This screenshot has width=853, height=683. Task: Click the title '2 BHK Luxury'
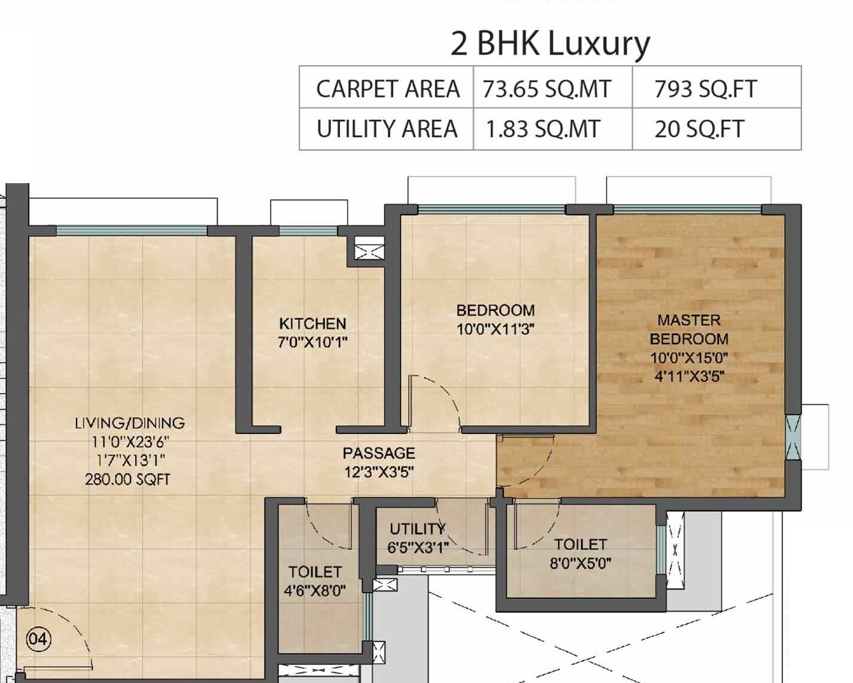[550, 44]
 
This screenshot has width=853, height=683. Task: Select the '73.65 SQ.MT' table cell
[547, 89]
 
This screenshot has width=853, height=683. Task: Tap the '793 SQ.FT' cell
[705, 89]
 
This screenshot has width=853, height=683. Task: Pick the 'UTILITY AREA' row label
[387, 129]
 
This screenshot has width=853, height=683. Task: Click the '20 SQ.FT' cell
[699, 129]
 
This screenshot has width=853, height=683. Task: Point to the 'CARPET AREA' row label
[387, 89]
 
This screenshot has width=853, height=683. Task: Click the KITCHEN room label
[312, 324]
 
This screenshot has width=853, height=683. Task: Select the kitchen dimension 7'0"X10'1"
[312, 342]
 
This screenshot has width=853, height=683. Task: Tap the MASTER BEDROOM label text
[689, 329]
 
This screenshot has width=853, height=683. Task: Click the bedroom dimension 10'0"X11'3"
[495, 329]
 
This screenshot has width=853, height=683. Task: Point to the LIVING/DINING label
[129, 423]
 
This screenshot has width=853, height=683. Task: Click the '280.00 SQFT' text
[128, 479]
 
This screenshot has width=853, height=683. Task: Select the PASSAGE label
[378, 453]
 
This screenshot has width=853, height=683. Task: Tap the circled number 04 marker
[38, 639]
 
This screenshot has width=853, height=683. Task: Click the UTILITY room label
[417, 529]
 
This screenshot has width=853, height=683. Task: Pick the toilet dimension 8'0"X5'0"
[580, 563]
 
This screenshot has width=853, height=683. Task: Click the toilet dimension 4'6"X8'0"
[314, 591]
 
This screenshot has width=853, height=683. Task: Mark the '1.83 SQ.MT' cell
[542, 129]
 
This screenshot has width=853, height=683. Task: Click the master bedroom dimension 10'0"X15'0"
[689, 358]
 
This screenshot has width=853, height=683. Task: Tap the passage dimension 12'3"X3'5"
[378, 472]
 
